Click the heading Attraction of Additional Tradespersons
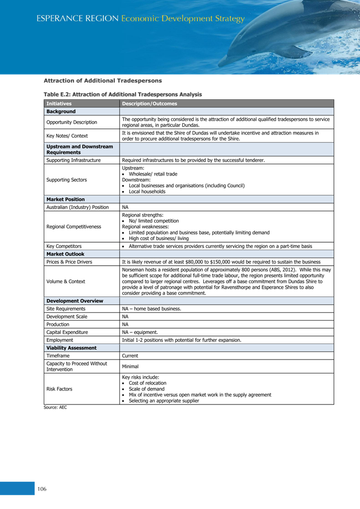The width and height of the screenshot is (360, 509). tap(102, 81)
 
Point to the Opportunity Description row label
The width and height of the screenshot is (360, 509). tap(71, 122)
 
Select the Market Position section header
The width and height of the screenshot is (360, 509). tap(65, 199)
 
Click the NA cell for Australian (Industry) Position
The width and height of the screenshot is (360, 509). tap(125, 207)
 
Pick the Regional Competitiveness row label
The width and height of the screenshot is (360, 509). tap(74, 227)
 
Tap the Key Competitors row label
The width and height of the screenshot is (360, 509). tap(64, 246)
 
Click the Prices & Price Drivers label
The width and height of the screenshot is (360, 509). tap(69, 262)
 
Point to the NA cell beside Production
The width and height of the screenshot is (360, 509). tap(125, 324)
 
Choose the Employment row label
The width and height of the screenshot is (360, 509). tap(60, 340)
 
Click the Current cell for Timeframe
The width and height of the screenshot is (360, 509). tap(131, 355)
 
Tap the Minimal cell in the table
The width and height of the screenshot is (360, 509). tap(130, 367)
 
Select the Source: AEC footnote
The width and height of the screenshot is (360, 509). tap(55, 407)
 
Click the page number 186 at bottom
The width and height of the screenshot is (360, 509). tap(42, 488)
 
